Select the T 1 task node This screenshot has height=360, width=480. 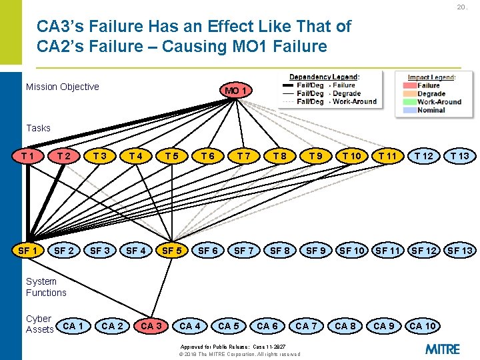pyautogui.click(x=28, y=156)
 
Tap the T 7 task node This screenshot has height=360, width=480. pyautogui.click(x=244, y=156)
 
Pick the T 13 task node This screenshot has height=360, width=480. pyautogui.click(x=459, y=156)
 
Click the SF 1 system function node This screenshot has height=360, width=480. pyautogui.click(x=28, y=251)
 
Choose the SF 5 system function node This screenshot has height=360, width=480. pyautogui.click(x=172, y=251)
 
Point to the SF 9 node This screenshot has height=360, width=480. pyautogui.click(x=315, y=251)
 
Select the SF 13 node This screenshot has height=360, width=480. pyautogui.click(x=460, y=251)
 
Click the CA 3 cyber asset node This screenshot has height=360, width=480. pyautogui.click(x=151, y=326)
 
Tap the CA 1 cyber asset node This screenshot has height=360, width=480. pyautogui.click(x=74, y=326)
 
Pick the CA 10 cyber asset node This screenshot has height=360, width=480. pyautogui.click(x=423, y=326)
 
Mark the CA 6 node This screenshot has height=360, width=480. pyautogui.click(x=267, y=326)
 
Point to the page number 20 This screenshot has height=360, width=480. pyautogui.click(x=461, y=7)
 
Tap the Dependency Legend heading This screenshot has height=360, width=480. pyautogui.click(x=324, y=77)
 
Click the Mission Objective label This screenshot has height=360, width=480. pyautogui.click(x=62, y=87)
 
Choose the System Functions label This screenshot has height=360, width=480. pyautogui.click(x=46, y=287)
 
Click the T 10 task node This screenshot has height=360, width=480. pyautogui.click(x=351, y=156)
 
